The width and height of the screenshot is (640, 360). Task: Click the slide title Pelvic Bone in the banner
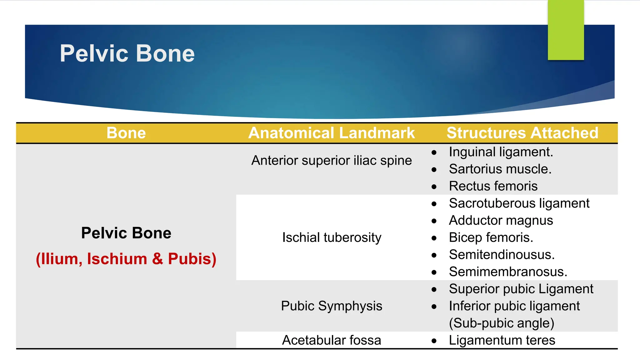coord(127,53)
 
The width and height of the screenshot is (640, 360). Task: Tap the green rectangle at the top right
coord(566,30)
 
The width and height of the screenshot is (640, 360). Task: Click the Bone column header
coord(126,133)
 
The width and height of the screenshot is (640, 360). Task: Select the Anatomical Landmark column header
coord(332,133)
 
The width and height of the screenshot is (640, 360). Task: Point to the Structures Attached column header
coord(522,133)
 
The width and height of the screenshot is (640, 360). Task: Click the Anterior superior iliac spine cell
coord(332,160)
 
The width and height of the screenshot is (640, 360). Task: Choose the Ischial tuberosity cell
coord(332,237)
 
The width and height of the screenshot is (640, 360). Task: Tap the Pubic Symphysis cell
coord(332,306)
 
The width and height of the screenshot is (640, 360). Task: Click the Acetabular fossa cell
coord(332,340)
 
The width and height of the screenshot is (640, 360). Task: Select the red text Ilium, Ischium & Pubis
coord(126,259)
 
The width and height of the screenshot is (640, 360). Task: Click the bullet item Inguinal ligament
coord(501,152)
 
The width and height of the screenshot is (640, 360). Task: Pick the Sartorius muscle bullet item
coord(500,169)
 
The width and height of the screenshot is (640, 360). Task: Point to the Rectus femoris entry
coord(493,186)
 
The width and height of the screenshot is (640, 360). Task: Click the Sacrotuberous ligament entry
coord(519,203)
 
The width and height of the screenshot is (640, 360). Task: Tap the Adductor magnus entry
coord(501,221)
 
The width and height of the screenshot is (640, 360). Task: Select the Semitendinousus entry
coord(502,255)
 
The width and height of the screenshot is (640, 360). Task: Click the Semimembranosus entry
coord(508,272)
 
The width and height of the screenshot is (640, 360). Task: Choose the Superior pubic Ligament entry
coord(521,289)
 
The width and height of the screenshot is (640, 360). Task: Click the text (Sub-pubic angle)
coord(502,323)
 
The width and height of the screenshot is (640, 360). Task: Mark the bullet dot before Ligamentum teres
coord(434,341)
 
